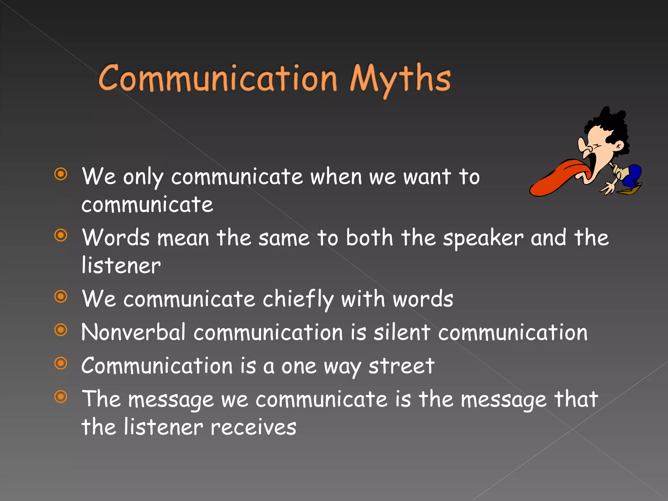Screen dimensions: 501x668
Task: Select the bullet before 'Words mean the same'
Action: (61, 235)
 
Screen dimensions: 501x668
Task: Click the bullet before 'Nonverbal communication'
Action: (61, 330)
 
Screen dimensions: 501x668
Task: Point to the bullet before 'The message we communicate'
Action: (61, 397)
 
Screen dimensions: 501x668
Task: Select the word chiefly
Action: (298, 299)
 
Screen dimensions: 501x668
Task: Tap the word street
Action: (402, 366)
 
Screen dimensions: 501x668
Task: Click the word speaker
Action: (483, 238)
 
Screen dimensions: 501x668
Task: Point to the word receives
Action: (253, 427)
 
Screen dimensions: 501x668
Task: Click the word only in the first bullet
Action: (143, 177)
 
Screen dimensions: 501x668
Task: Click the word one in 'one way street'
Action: (299, 367)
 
